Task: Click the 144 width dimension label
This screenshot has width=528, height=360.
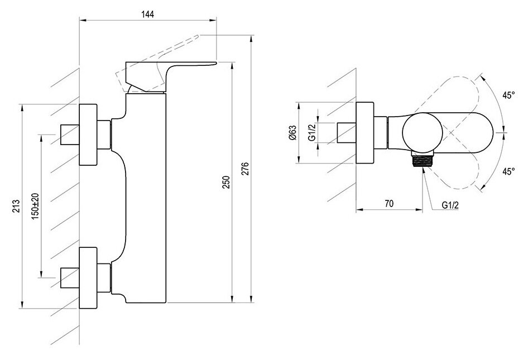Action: point(148,15)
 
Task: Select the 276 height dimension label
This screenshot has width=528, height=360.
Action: point(246,169)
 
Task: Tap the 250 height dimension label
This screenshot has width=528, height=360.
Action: point(226,182)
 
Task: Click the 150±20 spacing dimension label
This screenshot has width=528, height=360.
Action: point(36,206)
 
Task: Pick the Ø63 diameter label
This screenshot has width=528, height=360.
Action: point(292,133)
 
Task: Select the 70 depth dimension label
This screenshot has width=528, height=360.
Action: point(388,203)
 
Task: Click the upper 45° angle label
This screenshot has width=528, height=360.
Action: point(508,95)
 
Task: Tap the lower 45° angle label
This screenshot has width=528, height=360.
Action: point(508,171)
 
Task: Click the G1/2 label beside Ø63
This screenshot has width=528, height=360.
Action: point(312,133)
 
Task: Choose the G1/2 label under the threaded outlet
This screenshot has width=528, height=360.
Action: point(450,205)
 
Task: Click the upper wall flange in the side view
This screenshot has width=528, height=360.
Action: point(88,135)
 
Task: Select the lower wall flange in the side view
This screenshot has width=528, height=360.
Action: point(88,278)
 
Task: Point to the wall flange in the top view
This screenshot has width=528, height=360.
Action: point(364,133)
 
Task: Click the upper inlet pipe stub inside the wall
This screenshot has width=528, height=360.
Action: point(70,135)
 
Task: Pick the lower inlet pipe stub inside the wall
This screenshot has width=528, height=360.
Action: point(70,278)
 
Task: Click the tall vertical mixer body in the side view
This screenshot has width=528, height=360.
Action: point(146,198)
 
